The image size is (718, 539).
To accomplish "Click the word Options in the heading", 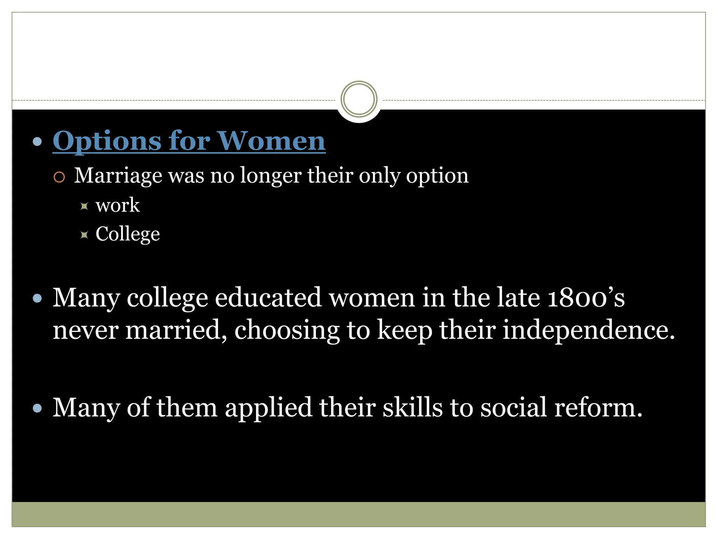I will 107,141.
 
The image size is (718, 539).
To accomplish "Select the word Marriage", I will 118,175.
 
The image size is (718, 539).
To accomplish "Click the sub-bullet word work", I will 117,205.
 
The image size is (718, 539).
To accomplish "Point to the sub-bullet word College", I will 128,234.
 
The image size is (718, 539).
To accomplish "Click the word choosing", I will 287,331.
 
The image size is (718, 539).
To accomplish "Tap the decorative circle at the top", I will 359,99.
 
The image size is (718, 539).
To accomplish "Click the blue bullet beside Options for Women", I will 37,142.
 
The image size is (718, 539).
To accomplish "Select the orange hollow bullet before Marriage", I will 59,177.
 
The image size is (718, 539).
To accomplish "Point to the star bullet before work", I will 84,206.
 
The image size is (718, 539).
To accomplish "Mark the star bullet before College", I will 84,235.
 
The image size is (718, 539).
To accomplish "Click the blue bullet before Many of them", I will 37,408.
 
